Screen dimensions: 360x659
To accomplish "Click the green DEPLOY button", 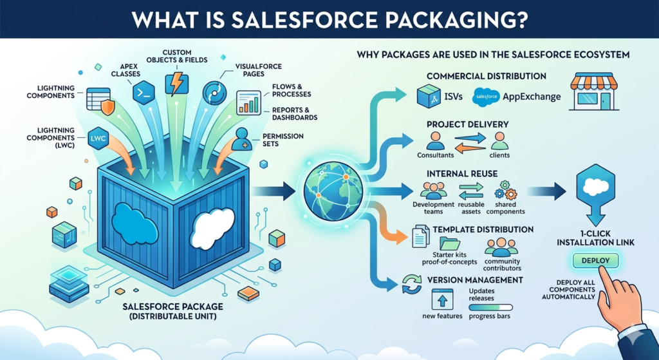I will [595, 260].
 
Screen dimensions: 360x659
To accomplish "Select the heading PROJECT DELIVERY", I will [468, 124].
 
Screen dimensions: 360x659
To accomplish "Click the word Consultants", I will [436, 155].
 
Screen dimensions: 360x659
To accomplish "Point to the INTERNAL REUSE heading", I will [461, 174].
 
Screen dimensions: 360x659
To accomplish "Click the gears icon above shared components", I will [505, 190].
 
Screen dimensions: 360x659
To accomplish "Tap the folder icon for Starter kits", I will [449, 244].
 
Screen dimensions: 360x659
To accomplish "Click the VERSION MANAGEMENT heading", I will [474, 280].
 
